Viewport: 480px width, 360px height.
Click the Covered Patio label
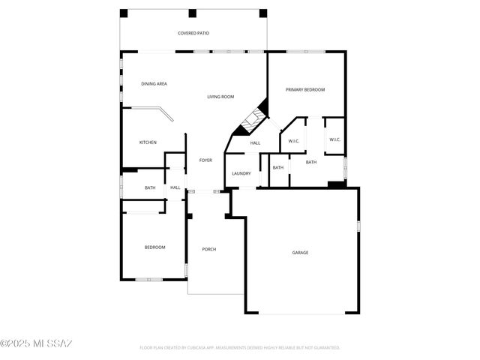[193, 33]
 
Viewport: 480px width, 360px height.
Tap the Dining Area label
[154, 84]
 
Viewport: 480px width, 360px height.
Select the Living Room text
[220, 97]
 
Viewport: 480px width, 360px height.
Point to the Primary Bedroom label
[305, 90]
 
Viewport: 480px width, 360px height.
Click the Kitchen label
[148, 142]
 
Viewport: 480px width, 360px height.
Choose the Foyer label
[205, 160]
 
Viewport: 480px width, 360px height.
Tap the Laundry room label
[241, 174]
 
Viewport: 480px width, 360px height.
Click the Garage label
[300, 253]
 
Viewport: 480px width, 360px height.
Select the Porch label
[208, 249]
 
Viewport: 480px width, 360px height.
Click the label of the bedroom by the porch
[154, 247]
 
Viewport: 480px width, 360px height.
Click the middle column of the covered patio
[193, 13]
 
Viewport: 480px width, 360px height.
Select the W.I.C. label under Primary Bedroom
[334, 139]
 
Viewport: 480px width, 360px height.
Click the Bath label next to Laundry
[278, 167]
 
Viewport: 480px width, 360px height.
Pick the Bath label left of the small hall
[150, 187]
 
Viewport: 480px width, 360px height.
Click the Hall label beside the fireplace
[255, 143]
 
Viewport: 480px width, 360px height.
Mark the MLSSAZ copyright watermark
[36, 344]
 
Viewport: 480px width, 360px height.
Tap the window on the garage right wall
[359, 226]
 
